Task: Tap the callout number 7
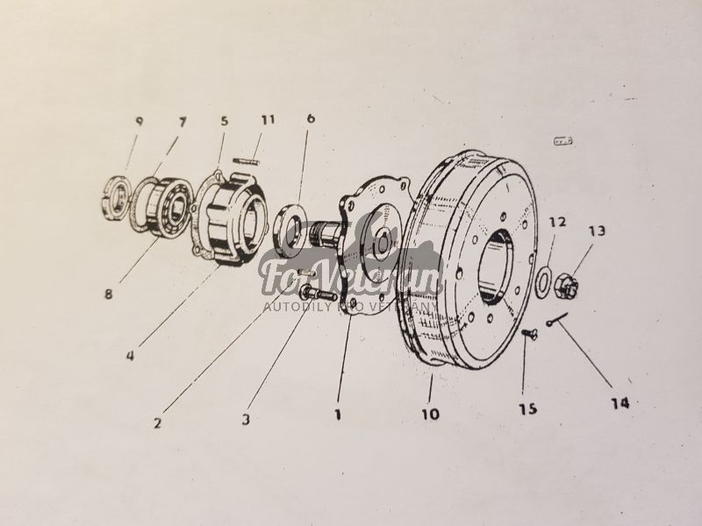pos(183,119)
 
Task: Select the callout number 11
pos(267,118)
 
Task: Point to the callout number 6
pos(311,117)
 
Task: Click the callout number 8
pos(108,295)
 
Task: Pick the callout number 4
pos(130,356)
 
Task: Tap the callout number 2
pos(157,423)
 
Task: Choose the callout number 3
pos(247,420)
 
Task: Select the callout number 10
pos(429,413)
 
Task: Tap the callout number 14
pos(620,402)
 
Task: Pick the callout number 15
pos(526,409)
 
